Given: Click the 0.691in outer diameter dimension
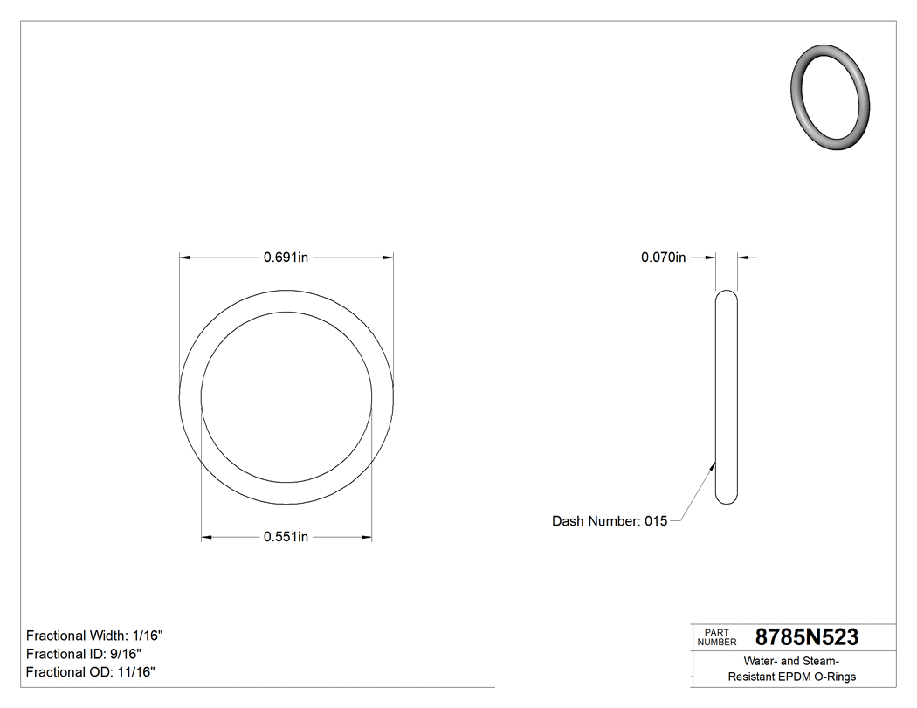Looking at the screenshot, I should pyautogui.click(x=286, y=258).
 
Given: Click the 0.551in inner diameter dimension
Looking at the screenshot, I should pyautogui.click(x=286, y=537).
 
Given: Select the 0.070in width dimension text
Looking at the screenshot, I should pyautogui.click(x=664, y=258).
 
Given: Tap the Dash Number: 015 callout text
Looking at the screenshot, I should pyautogui.click(x=610, y=521).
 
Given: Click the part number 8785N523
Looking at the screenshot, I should pyautogui.click(x=806, y=637).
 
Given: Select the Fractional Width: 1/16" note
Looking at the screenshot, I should pyautogui.click(x=94, y=636).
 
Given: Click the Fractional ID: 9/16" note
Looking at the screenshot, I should pyautogui.click(x=84, y=654).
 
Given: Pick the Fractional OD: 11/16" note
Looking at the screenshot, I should pyautogui.click(x=91, y=672).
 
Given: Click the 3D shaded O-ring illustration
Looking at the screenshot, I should pyautogui.click(x=831, y=97).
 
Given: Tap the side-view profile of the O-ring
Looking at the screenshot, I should pyautogui.click(x=726, y=397).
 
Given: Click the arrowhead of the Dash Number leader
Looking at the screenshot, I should pyautogui.click(x=714, y=464).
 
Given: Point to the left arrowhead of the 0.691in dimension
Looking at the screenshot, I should pyautogui.click(x=184, y=258).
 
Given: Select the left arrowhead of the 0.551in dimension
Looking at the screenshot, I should pyautogui.click(x=207, y=537).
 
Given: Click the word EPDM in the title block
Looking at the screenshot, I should pyautogui.click(x=795, y=677).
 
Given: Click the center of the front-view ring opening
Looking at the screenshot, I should pyautogui.click(x=286, y=397).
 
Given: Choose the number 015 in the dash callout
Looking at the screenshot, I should pyautogui.click(x=656, y=521).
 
